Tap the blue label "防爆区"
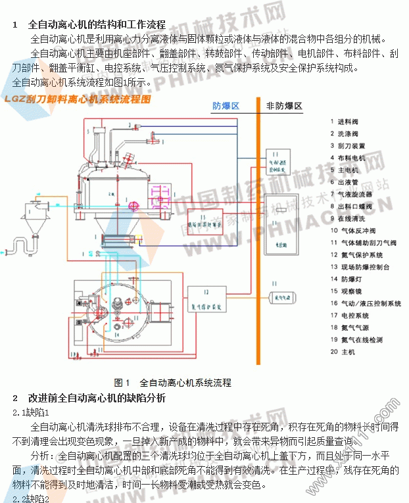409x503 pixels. coord(226,106)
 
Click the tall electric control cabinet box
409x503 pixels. coord(281,224)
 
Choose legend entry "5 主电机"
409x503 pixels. coord(349,170)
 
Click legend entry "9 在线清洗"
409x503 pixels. coord(351,218)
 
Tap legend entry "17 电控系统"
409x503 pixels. coord(351,315)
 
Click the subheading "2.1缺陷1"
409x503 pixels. coord(31,412)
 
